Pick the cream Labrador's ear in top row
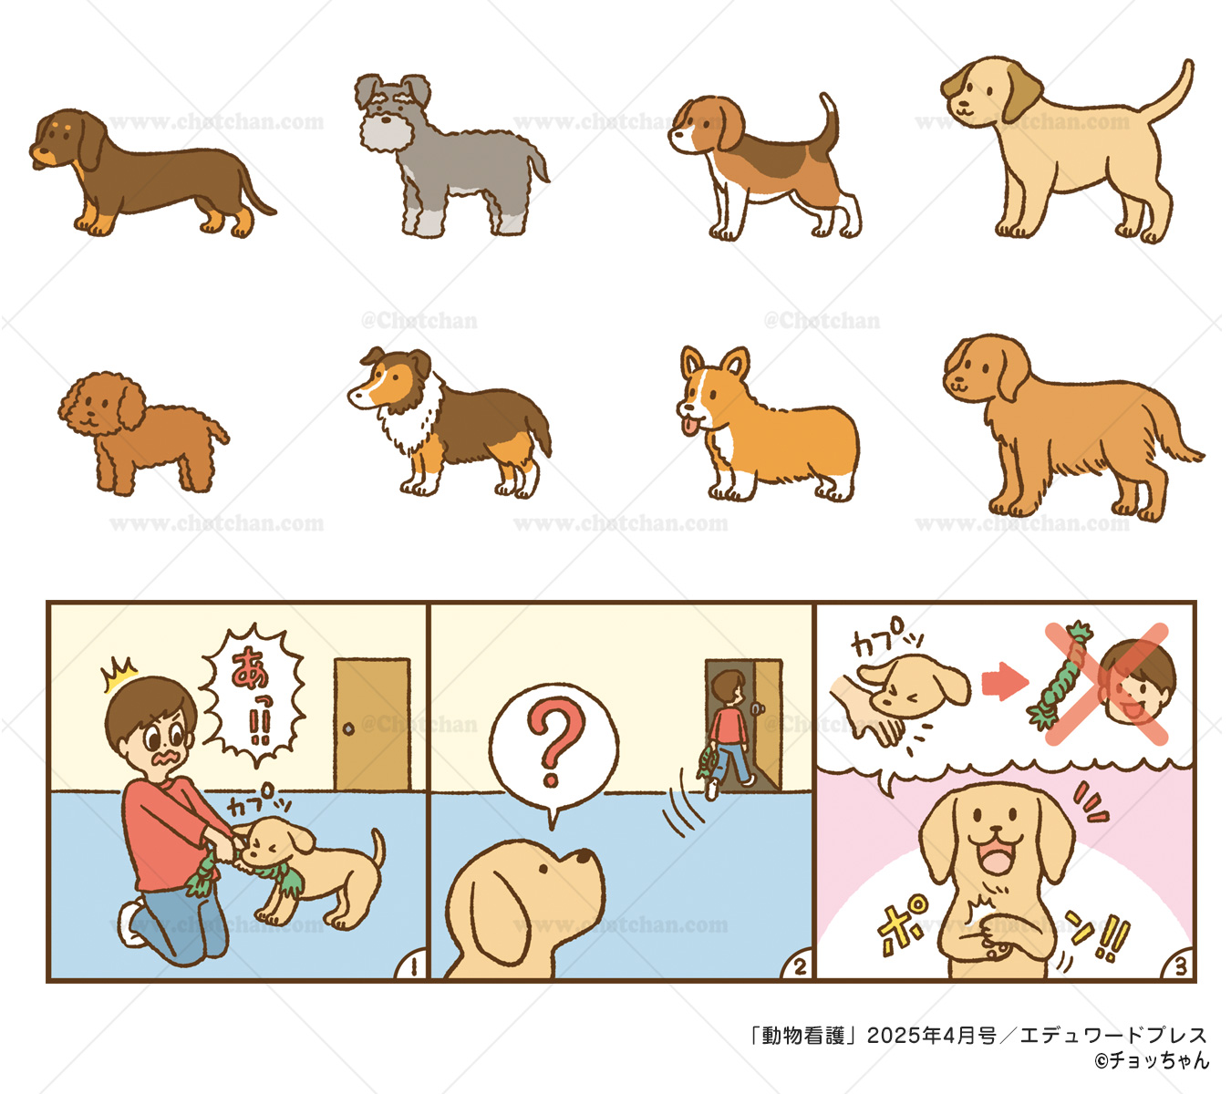pos(1021,91)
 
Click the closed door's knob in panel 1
pos(347,729)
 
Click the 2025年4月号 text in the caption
pos(931,1036)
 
